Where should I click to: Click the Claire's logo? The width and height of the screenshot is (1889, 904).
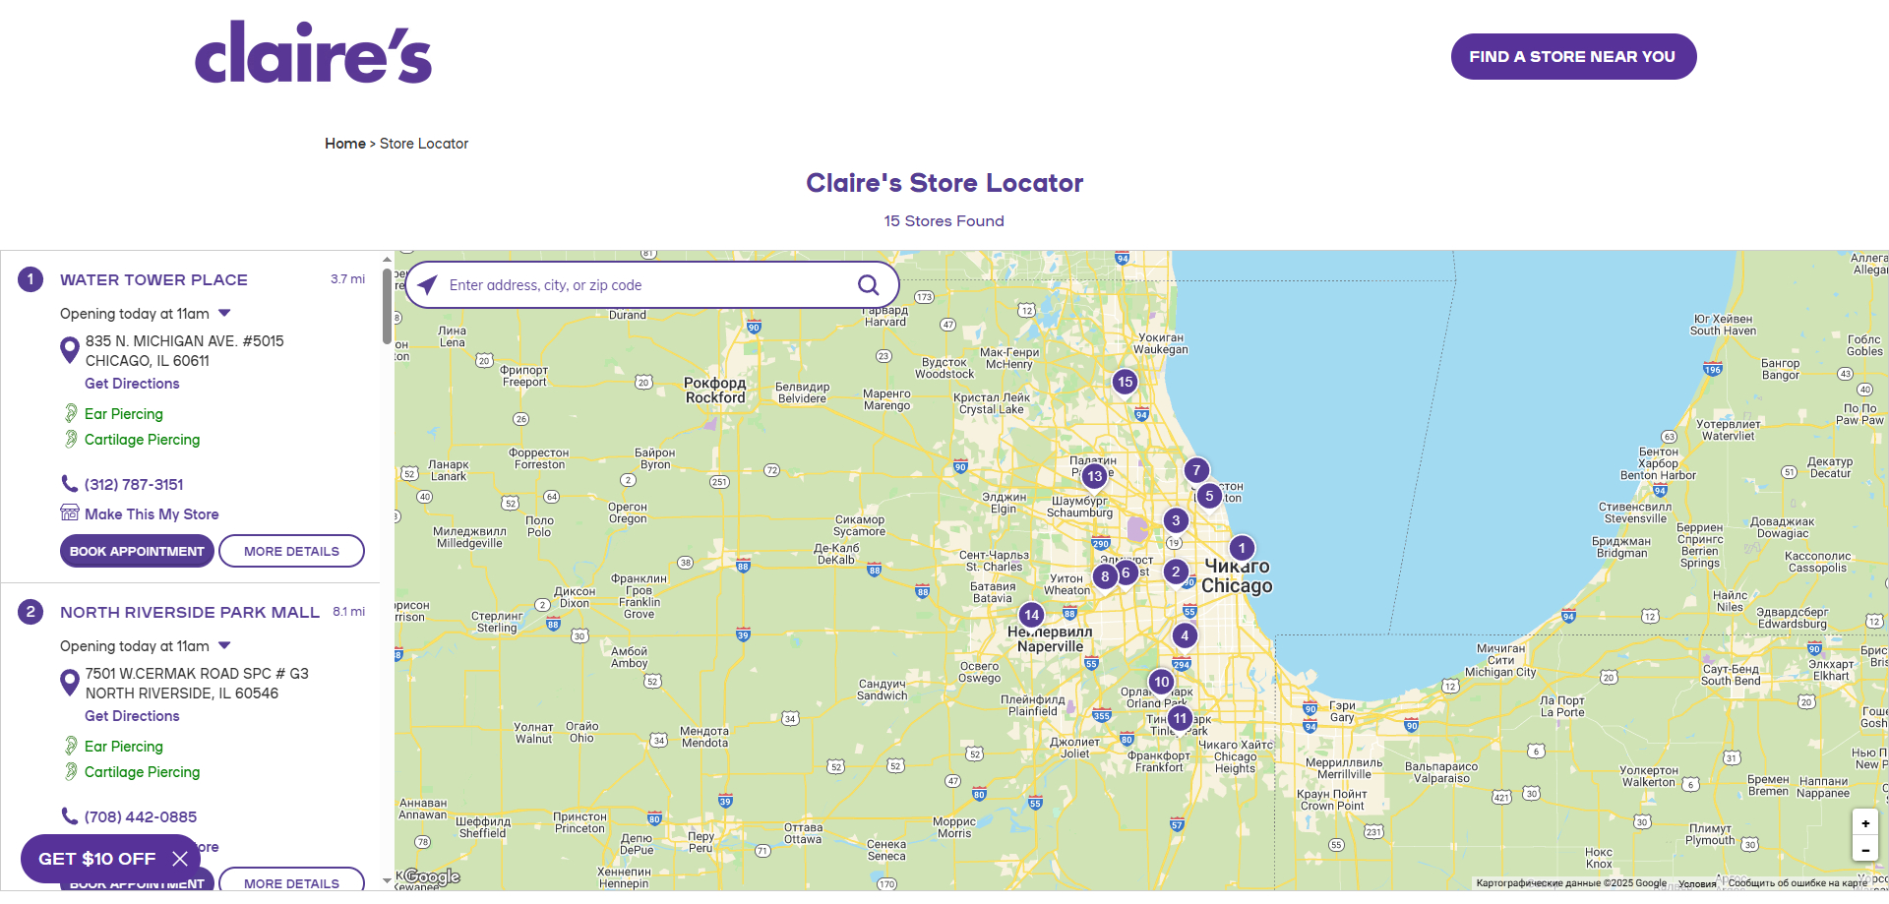313,53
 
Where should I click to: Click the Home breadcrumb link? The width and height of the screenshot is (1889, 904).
344,144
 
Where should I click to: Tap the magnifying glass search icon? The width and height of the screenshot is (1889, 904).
868,285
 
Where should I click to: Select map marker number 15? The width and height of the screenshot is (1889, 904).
1125,382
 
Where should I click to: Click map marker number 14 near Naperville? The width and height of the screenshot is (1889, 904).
1031,615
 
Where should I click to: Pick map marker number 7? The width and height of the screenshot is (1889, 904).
1196,470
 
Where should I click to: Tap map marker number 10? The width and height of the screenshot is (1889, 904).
1161,682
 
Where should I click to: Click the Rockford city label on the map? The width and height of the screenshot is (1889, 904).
715,391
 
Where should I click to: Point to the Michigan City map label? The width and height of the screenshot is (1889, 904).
1500,667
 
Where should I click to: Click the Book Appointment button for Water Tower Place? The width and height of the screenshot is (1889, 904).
137,551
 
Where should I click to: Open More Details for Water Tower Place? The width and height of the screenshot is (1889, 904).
291,551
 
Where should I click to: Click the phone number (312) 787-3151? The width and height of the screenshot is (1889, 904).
134,484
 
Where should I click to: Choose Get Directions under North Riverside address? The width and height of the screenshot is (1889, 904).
132,716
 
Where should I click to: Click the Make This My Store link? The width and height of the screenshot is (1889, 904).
152,513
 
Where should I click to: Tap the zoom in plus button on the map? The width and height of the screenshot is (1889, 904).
1864,823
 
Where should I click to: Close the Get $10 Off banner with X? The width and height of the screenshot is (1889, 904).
180,859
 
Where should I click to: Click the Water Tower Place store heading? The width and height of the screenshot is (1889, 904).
153,279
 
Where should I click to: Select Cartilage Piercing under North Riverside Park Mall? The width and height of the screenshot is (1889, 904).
142,772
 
